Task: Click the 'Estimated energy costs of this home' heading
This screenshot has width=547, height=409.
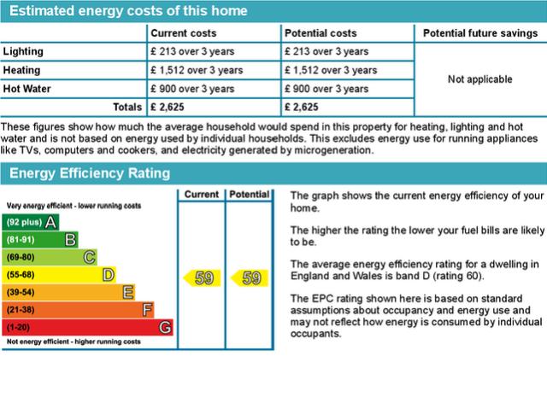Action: tap(128, 11)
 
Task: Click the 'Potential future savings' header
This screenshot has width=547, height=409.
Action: tap(479, 32)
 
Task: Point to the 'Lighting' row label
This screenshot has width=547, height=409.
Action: tap(23, 51)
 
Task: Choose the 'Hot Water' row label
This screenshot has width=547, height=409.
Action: tap(28, 89)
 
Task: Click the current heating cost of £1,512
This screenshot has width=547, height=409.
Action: tap(197, 70)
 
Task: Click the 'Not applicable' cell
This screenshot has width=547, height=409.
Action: tap(479, 79)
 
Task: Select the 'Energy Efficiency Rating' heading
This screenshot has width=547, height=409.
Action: tap(90, 173)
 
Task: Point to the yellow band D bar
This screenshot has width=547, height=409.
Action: tap(60, 275)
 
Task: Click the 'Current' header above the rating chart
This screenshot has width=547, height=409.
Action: tap(202, 195)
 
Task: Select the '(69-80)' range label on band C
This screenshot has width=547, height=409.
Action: tap(21, 257)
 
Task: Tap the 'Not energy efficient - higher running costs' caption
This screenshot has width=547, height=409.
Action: tap(74, 342)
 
